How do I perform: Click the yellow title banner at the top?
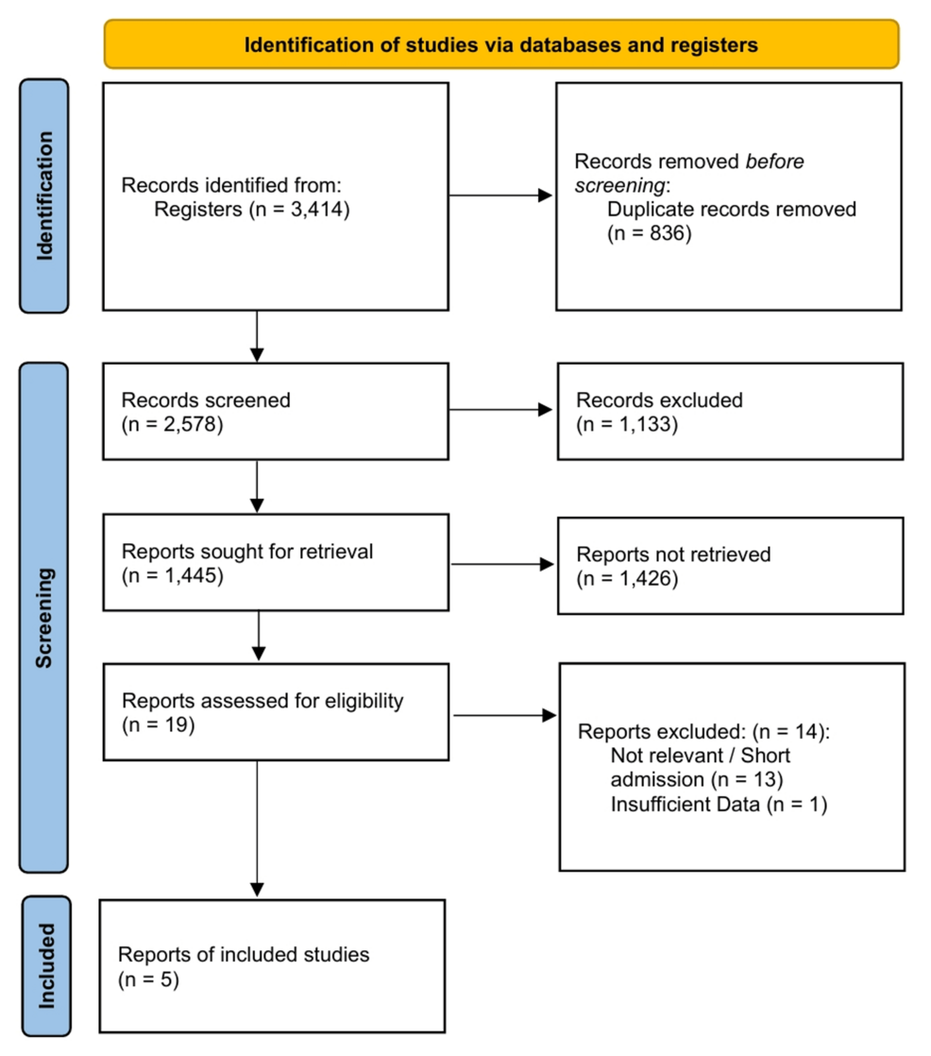coord(500,44)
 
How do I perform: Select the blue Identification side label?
coord(44,196)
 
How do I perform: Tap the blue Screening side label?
coord(44,617)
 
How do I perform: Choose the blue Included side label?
coord(44,964)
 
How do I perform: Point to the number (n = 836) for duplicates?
coord(650,232)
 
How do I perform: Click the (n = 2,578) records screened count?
coord(172,424)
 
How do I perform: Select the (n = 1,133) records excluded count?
coord(627,424)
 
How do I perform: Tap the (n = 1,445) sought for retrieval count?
coord(172,576)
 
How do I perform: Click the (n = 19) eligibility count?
coord(158,725)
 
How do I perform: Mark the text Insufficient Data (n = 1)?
coord(719,805)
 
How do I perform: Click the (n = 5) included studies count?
coord(149,979)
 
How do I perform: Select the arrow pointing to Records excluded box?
coord(500,410)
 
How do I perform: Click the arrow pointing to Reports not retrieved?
coord(500,564)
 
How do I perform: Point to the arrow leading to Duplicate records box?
coord(500,196)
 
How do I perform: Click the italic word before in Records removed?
coord(774,162)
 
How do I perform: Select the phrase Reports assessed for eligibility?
coord(262,702)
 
